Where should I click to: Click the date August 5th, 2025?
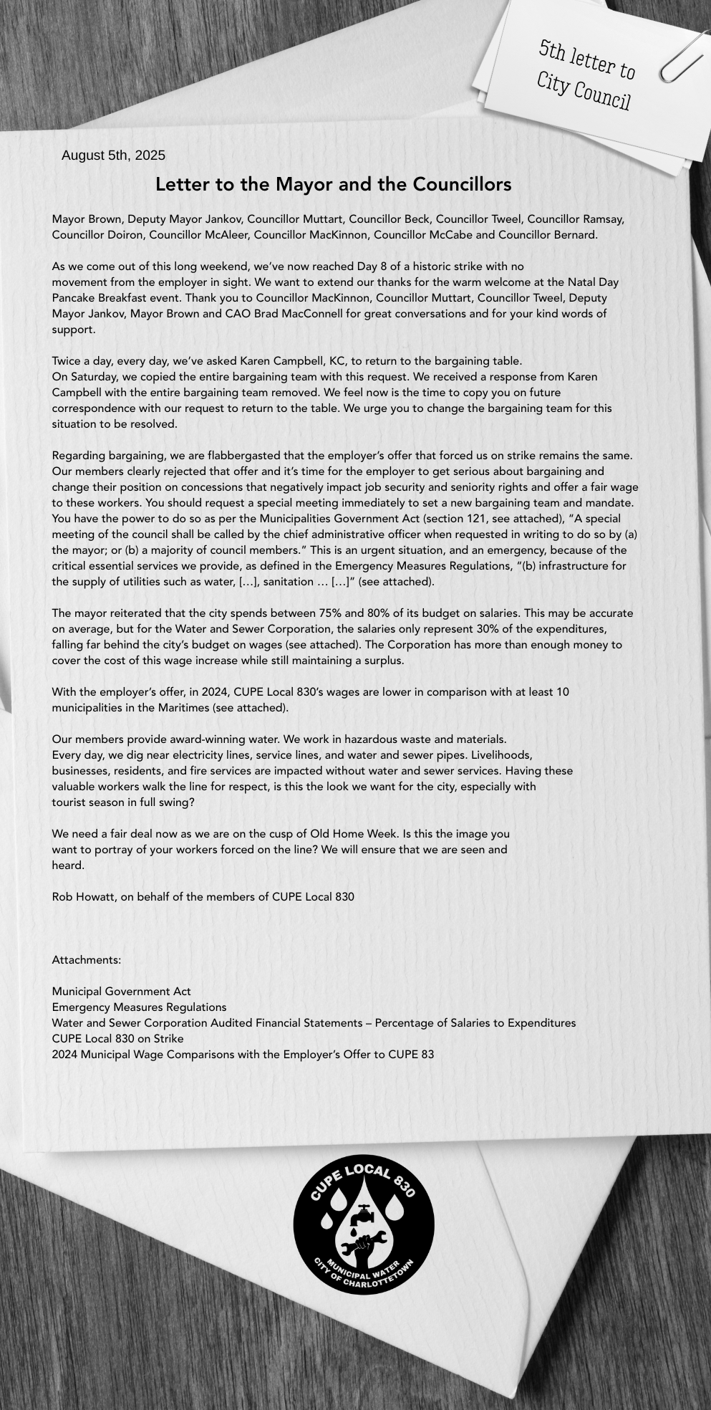coord(113,155)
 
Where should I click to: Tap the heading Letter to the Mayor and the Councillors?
coord(333,185)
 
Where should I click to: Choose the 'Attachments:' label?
coord(87,960)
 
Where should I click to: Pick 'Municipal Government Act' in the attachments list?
coord(121,992)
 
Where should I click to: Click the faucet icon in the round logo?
coord(364,1214)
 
